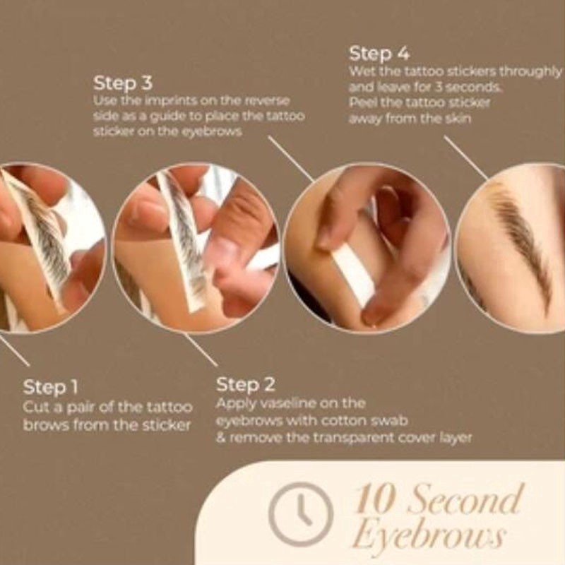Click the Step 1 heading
pos(50,387)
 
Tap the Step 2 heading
pos(245,384)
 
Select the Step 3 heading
pos(123,83)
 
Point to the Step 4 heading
pos(379,54)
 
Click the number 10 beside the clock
pos(374,500)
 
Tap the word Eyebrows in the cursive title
pos(429,536)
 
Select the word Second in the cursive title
pos(465,499)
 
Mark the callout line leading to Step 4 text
pos(466,157)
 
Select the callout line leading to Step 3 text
pos(291,158)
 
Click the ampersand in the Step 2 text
pos(220,439)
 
